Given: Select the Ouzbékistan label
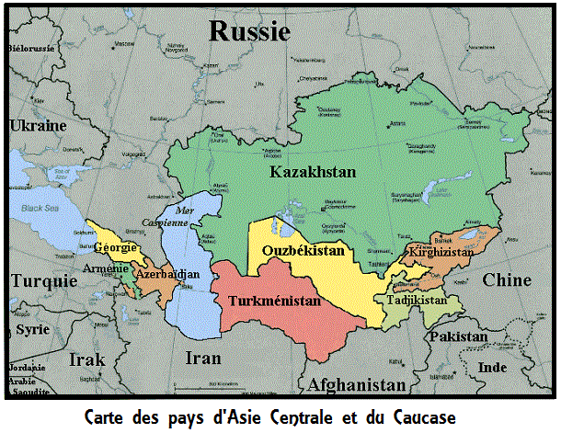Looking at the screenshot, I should click(303, 250).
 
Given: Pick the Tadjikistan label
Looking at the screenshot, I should click(417, 300).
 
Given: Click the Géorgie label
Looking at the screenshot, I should click(115, 247).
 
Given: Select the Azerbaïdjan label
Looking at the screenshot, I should click(166, 275).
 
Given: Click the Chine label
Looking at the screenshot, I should click(507, 279).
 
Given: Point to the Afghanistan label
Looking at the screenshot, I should click(357, 384).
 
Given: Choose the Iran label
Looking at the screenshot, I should click(203, 358).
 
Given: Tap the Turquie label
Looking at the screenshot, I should click(43, 282).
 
